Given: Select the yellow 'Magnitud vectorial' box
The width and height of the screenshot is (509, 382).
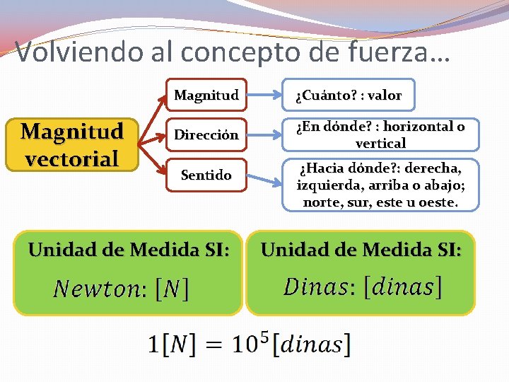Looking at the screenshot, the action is point(71,144).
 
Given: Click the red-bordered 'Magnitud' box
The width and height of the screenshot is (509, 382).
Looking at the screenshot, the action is point(206,95).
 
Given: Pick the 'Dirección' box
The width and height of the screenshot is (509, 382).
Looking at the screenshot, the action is point(206,134).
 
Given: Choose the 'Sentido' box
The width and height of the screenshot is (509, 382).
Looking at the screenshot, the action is point(206,174).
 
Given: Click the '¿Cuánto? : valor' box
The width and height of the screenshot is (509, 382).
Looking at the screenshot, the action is point(349,95).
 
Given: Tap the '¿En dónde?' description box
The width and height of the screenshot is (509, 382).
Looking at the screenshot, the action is point(380,134).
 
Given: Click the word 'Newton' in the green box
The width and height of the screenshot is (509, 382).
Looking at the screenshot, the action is point(98,289).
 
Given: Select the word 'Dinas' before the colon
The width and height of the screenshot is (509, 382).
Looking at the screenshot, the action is point(319,286).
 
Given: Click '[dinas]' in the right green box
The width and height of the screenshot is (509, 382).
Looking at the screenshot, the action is point(403,286).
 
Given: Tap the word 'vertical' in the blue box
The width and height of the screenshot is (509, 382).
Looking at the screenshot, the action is point(380,143).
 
